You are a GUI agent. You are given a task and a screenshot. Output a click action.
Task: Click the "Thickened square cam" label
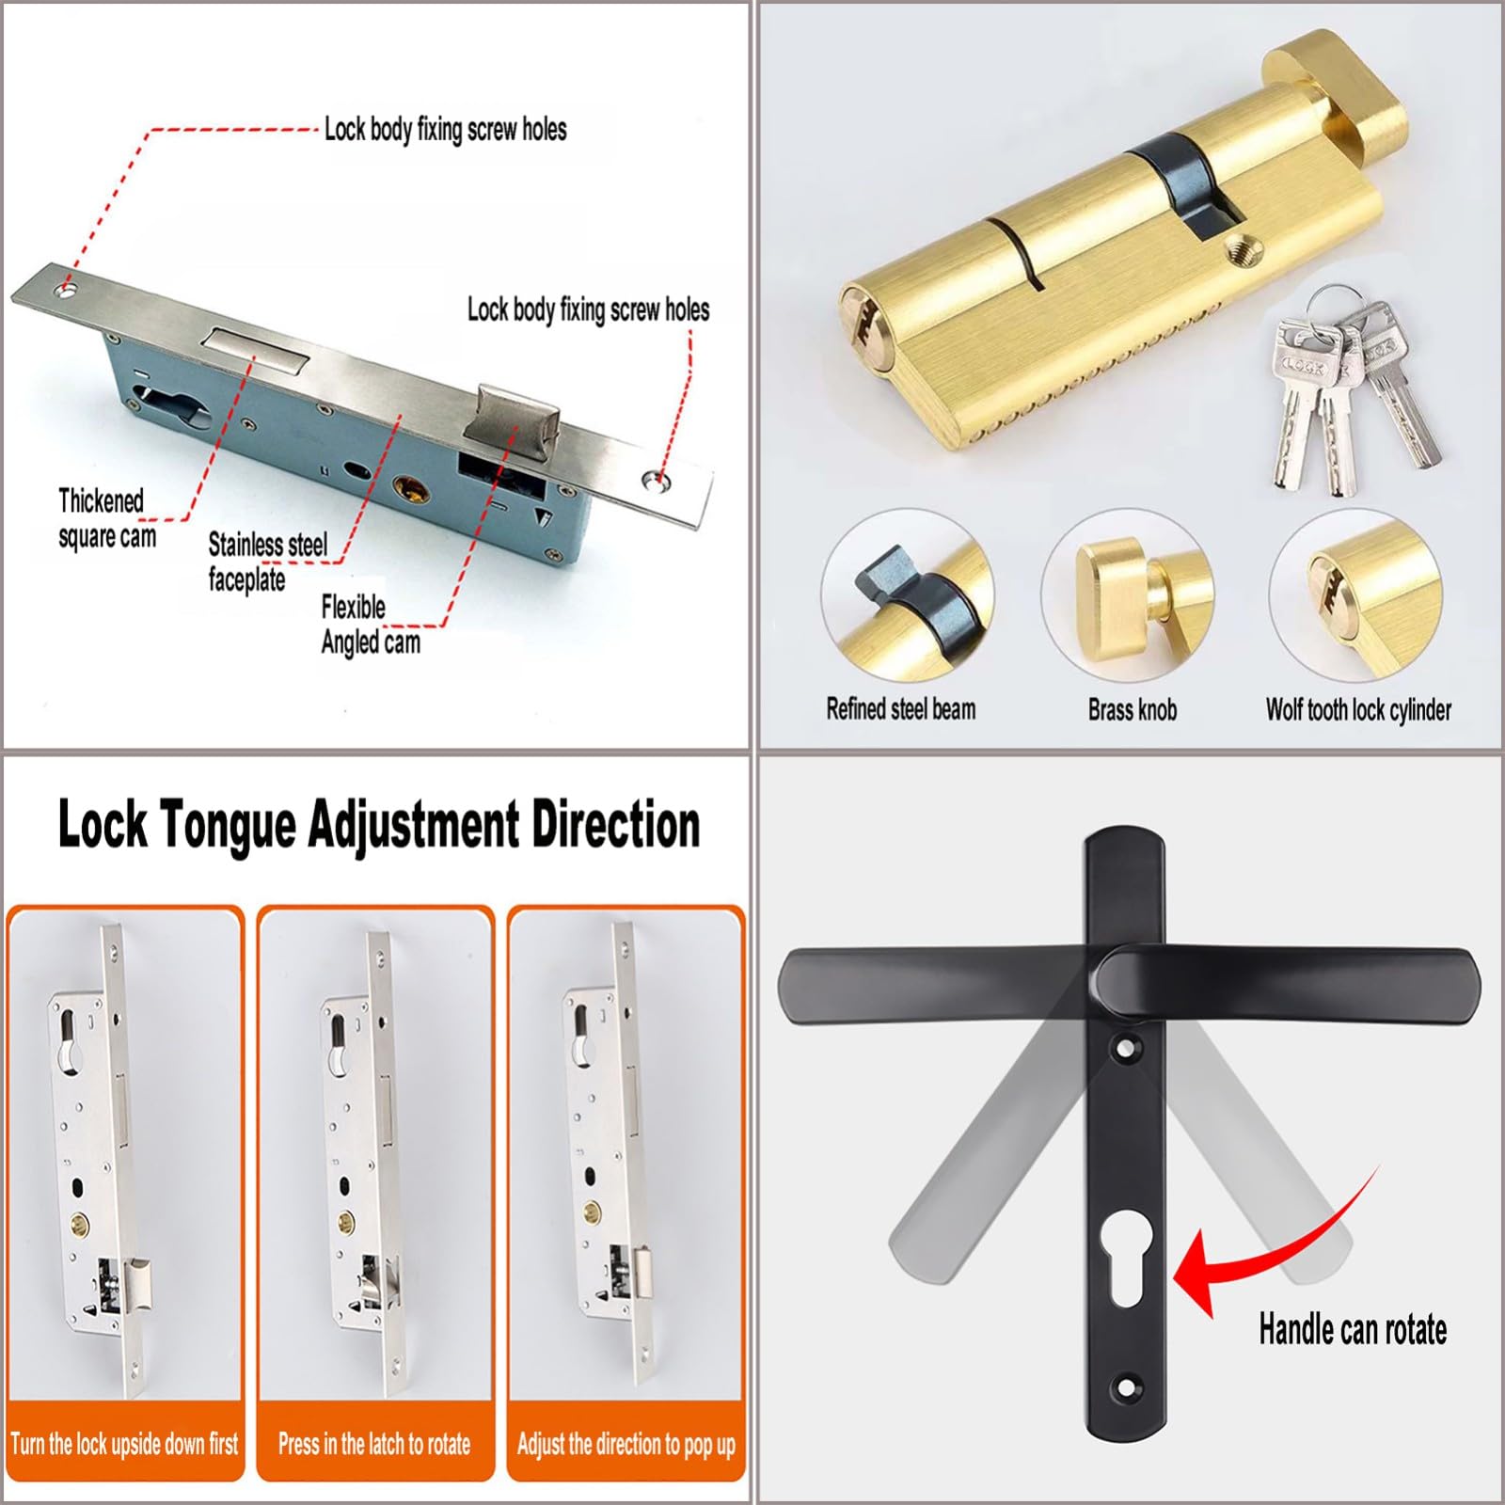[107, 517]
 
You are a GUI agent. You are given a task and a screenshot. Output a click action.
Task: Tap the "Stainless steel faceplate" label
[268, 562]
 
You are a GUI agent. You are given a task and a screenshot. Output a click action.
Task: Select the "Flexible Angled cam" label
[371, 624]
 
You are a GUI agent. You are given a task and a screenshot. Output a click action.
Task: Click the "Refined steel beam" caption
[900, 709]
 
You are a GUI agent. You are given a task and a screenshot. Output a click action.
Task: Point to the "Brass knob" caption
[1133, 709]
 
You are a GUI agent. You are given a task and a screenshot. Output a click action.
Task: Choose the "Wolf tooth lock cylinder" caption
[1358, 710]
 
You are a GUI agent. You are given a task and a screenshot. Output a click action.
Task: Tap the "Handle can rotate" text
[1353, 1329]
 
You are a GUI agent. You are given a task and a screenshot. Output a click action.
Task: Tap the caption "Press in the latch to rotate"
[374, 1444]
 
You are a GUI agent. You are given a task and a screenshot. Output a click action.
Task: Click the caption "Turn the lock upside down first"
[124, 1444]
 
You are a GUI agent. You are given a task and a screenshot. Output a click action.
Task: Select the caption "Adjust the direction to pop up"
[626, 1445]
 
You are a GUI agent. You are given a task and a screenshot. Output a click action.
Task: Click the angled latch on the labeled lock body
[517, 421]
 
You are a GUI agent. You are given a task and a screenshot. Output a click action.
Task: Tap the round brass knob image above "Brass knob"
[1129, 594]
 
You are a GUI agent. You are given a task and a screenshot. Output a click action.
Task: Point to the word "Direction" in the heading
[615, 823]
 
